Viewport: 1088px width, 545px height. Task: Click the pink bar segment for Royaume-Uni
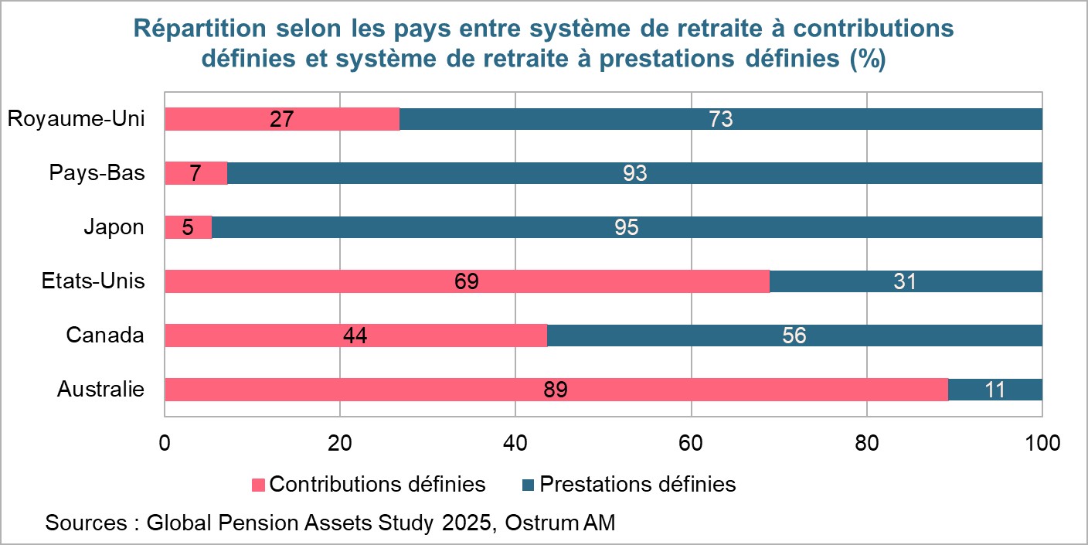click(x=282, y=119)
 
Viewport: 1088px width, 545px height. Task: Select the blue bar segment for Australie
click(x=995, y=390)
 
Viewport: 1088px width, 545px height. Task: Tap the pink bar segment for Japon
click(x=189, y=227)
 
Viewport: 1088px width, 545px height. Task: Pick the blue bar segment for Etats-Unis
click(x=906, y=281)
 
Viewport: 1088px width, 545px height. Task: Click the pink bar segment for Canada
click(x=356, y=336)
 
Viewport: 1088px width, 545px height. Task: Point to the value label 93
click(x=634, y=173)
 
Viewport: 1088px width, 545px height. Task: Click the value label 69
click(x=467, y=281)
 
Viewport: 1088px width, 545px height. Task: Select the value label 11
click(x=994, y=390)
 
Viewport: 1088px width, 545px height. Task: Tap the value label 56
click(x=794, y=336)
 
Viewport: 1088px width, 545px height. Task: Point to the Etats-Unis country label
click(x=93, y=281)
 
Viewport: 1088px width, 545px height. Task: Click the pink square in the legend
click(x=258, y=485)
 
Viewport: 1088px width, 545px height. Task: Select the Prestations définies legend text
click(x=637, y=485)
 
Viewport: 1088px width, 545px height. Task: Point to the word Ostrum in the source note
click(x=539, y=523)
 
